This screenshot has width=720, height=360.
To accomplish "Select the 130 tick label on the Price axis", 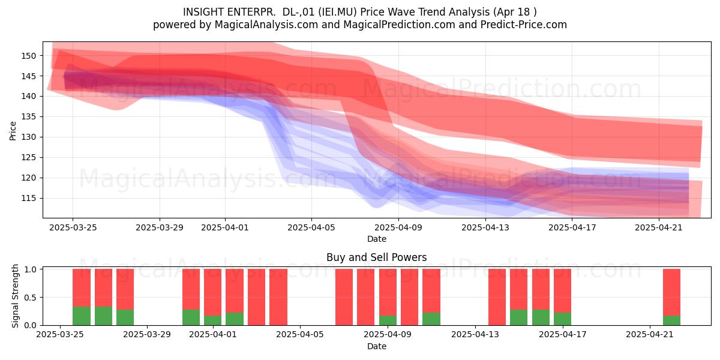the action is [28, 137].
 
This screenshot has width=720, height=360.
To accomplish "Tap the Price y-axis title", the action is [13, 131].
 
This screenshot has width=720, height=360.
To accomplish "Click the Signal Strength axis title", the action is [15, 296].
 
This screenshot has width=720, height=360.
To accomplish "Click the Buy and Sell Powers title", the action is [376, 257].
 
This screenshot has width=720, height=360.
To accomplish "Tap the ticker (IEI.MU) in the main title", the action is [337, 12].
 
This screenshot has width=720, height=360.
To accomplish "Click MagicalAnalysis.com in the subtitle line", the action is [266, 25].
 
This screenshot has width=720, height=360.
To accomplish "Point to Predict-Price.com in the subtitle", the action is [524, 25].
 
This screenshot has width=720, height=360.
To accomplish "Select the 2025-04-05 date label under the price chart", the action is [311, 227].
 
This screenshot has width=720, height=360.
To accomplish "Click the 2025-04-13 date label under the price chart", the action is [485, 227].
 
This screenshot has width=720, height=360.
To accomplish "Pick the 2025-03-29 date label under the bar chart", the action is [147, 335].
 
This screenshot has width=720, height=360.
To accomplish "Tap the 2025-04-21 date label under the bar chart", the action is [650, 335].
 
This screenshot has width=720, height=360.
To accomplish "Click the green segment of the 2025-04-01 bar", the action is [213, 320].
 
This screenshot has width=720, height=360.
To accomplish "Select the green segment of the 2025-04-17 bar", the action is [563, 319].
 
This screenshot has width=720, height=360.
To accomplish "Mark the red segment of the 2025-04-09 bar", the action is [388, 292].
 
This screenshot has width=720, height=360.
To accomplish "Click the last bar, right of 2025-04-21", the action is [671, 297].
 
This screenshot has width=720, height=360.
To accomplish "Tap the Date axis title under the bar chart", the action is [377, 346].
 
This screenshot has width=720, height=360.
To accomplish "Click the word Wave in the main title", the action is [402, 12].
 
